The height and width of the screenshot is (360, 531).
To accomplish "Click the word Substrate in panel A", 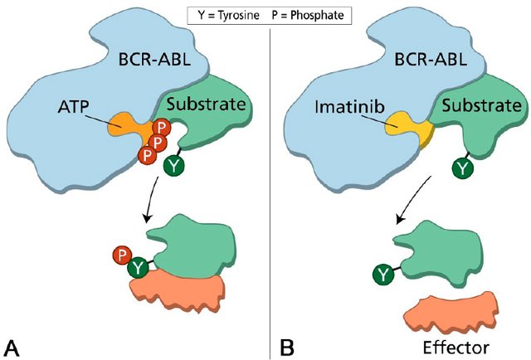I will [207, 105].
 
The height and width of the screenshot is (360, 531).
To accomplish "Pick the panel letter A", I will [13, 343].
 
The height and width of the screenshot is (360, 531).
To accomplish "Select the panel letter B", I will [287, 343].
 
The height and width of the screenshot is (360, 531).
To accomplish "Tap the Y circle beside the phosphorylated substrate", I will [139, 268].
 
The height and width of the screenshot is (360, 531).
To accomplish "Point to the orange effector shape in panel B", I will [451, 311].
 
